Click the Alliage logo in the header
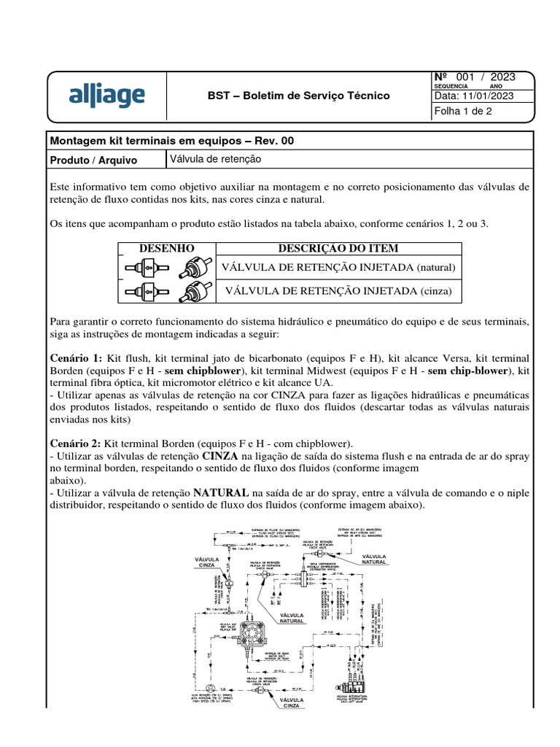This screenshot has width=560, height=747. pos(106,96)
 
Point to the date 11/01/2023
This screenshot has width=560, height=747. pos(474,96)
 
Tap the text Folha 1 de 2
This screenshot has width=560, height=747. pos(464,112)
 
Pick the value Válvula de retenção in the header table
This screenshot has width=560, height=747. pos(215,158)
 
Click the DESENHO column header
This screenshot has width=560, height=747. pos(166,249)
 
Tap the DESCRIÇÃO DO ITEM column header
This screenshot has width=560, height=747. pos(338,249)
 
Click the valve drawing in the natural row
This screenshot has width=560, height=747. pos(166,268)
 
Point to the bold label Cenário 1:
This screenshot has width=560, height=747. pos(76,359)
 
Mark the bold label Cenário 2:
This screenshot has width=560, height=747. pos(76,443)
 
